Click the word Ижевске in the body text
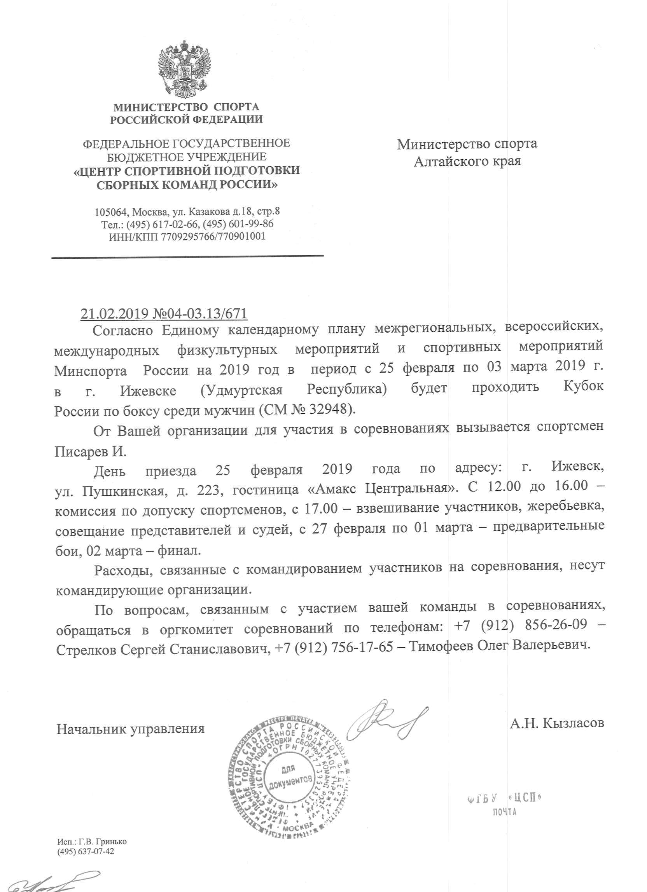[x=148, y=390]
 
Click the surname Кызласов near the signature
[x=573, y=723]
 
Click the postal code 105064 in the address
[x=111, y=213]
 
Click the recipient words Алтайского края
[x=467, y=161]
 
